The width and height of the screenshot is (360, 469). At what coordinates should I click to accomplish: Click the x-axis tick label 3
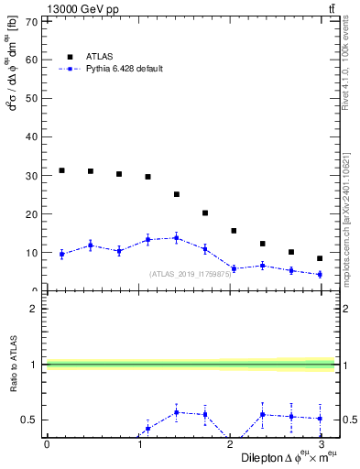point(321,443)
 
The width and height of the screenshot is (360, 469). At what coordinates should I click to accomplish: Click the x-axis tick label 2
point(230,443)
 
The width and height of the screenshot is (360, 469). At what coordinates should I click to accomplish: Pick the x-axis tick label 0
point(47,443)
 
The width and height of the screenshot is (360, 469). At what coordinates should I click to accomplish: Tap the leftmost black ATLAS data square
point(61,170)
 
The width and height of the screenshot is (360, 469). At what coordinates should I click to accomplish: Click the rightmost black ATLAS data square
point(320,258)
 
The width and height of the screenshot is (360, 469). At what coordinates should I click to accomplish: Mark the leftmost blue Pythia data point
point(61,254)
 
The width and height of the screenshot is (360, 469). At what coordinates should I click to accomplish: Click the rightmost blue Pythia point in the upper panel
point(320,274)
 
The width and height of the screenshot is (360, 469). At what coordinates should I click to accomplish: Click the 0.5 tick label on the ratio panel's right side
point(349,420)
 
